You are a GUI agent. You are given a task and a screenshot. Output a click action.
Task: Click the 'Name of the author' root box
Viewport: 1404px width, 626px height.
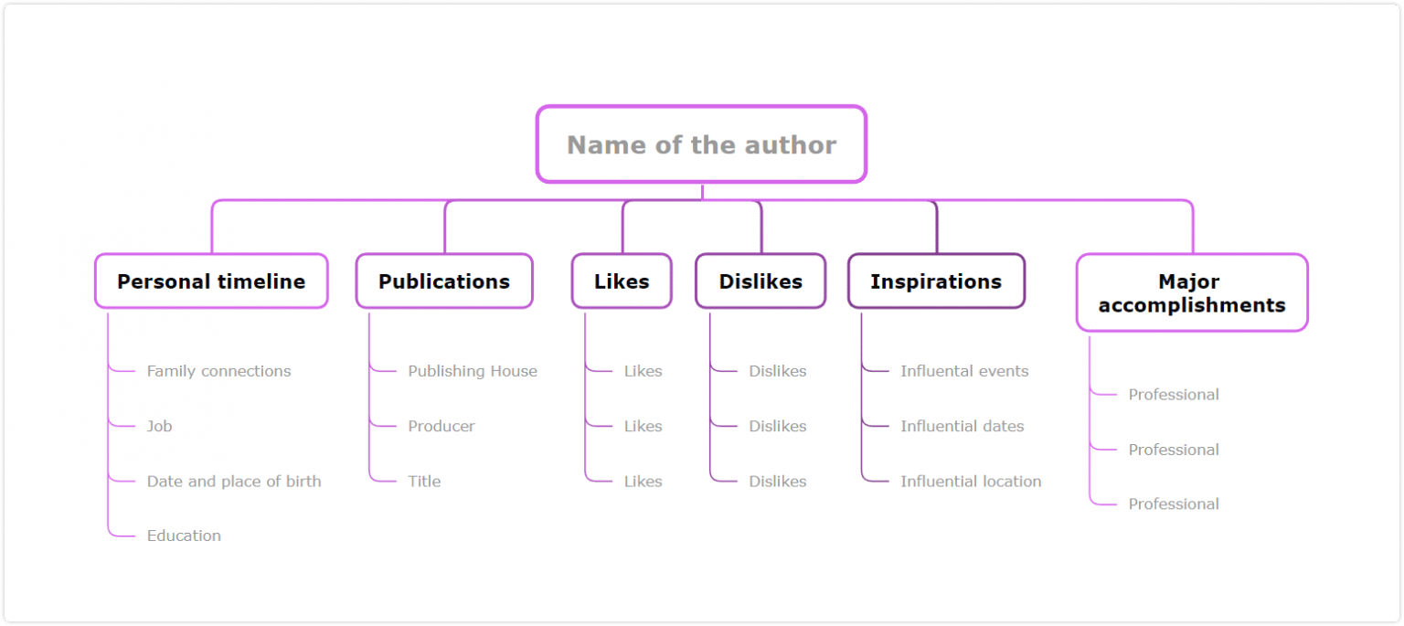[701, 144]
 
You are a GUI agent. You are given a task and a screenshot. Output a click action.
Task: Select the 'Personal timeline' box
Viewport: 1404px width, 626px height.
[211, 281]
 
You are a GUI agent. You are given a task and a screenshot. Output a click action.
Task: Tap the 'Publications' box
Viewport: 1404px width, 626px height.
[444, 281]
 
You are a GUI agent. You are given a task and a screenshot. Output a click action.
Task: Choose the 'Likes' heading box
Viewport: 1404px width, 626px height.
[622, 281]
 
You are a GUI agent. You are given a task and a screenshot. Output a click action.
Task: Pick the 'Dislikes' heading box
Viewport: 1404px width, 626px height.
[760, 281]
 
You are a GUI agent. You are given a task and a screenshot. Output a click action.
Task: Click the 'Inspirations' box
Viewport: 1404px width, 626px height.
[936, 281]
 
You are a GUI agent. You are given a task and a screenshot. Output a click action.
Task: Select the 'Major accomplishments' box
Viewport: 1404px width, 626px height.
[1192, 293]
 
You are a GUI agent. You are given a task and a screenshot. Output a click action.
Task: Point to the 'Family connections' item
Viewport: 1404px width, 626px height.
[218, 371]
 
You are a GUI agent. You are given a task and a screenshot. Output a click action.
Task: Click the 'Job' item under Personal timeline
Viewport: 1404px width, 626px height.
[159, 426]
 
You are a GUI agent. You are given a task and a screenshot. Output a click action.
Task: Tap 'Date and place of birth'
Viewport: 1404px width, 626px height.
[234, 482]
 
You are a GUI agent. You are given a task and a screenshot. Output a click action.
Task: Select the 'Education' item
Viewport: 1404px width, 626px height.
[184, 536]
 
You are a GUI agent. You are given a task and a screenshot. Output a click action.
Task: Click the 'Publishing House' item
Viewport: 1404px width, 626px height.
[473, 371]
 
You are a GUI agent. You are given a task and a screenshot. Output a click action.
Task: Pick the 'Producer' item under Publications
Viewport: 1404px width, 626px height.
[441, 426]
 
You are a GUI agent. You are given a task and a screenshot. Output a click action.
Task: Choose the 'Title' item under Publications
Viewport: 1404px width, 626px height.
[424, 482]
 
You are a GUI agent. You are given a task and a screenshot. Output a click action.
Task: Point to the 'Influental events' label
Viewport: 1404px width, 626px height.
[964, 371]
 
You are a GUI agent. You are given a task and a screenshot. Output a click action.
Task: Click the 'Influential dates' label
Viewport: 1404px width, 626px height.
[962, 426]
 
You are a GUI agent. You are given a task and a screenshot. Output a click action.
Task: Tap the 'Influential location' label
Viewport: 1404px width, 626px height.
[971, 482]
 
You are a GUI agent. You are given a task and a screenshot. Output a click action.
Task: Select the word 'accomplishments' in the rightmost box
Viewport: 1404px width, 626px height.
[1192, 305]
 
